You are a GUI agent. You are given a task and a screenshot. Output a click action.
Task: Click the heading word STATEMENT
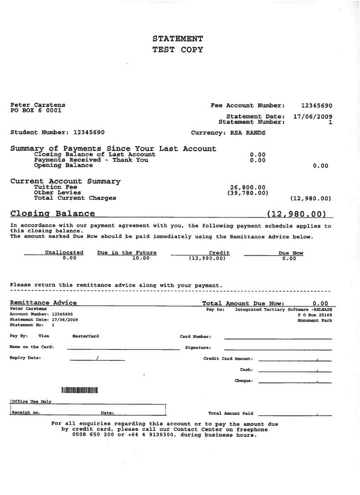tap(177, 39)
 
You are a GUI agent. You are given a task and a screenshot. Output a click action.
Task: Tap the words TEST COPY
tap(177, 50)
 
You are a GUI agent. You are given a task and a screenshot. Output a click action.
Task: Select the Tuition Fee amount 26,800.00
tap(248, 187)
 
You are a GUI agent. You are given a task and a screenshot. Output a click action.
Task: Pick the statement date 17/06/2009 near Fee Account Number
tap(313, 116)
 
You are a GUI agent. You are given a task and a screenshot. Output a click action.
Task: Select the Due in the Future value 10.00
tap(141, 258)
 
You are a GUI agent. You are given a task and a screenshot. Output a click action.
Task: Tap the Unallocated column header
tap(64, 253)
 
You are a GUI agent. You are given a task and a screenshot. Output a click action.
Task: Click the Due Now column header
tap(291, 253)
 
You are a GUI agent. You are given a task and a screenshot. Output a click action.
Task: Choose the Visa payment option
tap(44, 336)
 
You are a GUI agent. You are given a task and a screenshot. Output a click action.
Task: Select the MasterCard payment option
tap(86, 336)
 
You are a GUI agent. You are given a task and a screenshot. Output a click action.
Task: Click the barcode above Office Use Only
tap(80, 390)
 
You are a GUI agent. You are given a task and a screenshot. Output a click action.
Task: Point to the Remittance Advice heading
tap(43, 303)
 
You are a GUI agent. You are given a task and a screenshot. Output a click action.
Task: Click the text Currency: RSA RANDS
tap(228, 133)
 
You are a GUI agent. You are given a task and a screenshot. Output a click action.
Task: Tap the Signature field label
tap(198, 348)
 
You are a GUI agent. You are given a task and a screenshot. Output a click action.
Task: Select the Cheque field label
tap(244, 380)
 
